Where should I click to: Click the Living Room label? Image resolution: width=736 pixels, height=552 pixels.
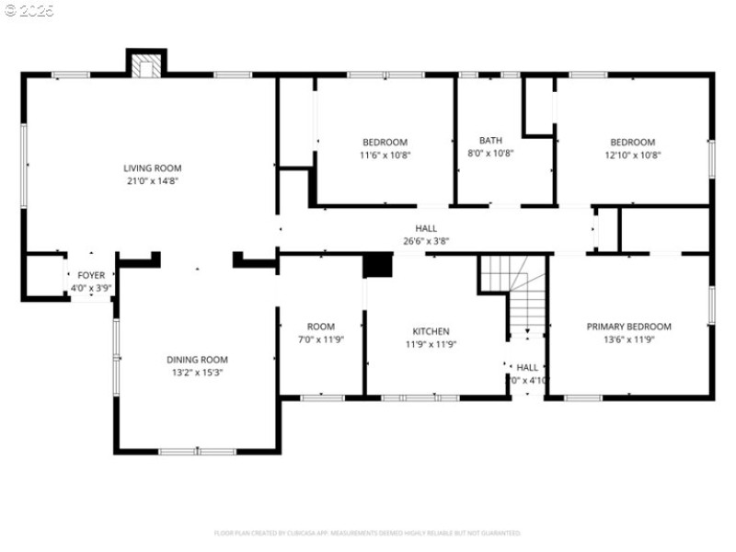(153, 168)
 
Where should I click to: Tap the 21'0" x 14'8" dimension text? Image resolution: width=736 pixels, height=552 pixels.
(153, 181)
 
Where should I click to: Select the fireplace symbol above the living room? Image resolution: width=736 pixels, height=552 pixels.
(145, 65)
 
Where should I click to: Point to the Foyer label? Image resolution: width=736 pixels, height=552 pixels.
(91, 275)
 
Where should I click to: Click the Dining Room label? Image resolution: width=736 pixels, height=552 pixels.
(197, 360)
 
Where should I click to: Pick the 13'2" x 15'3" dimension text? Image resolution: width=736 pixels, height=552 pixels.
(197, 373)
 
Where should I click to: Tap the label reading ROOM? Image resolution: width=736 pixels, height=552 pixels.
(321, 327)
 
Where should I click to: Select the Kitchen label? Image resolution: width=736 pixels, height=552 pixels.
(431, 331)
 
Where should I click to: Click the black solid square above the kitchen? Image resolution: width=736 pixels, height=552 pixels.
(378, 265)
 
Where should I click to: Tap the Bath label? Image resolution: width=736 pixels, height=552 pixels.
(490, 141)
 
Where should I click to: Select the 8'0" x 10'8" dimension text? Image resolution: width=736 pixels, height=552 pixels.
(490, 154)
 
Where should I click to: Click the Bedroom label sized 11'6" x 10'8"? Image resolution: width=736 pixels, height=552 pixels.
(385, 142)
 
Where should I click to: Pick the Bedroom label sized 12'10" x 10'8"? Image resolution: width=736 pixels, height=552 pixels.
(633, 142)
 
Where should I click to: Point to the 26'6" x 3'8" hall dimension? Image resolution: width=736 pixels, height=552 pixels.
(426, 241)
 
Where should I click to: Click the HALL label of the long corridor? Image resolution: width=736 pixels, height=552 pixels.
(426, 228)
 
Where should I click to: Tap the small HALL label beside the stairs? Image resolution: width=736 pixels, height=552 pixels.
(527, 367)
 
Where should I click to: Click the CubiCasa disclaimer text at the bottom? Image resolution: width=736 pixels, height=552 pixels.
(368, 533)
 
